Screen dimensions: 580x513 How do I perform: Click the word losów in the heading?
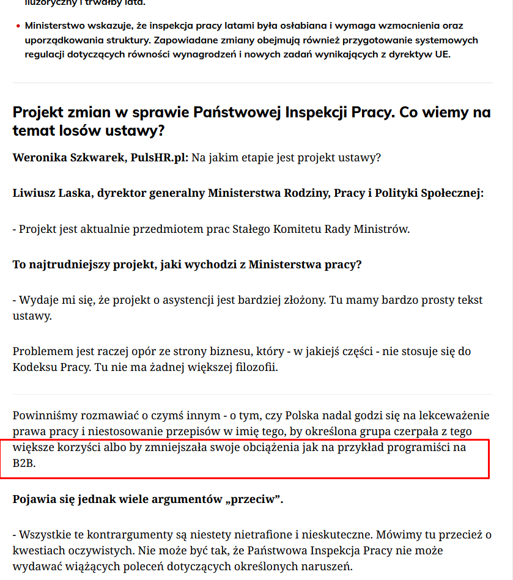pyautogui.click(x=67, y=130)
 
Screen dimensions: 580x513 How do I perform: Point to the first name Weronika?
pyautogui.click(x=39, y=158)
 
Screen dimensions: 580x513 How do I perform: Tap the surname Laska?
pyautogui.click(x=75, y=194)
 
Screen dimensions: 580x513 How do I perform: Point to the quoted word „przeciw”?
pyautogui.click(x=253, y=499)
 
